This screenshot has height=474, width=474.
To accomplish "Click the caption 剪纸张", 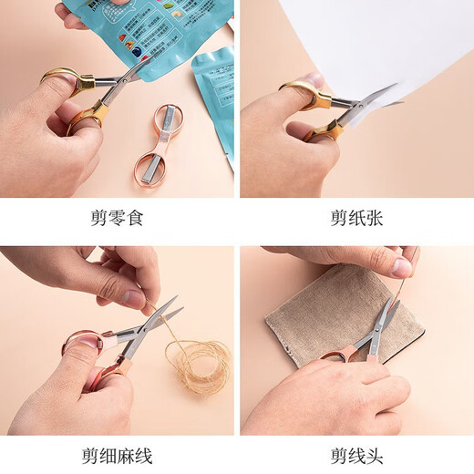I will pos(356,219).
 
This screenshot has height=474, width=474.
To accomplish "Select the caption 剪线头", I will pos(356,454).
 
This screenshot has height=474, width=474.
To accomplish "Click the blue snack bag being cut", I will pos(137,27).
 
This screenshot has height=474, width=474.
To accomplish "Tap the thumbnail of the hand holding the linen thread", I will pos(401,267).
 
